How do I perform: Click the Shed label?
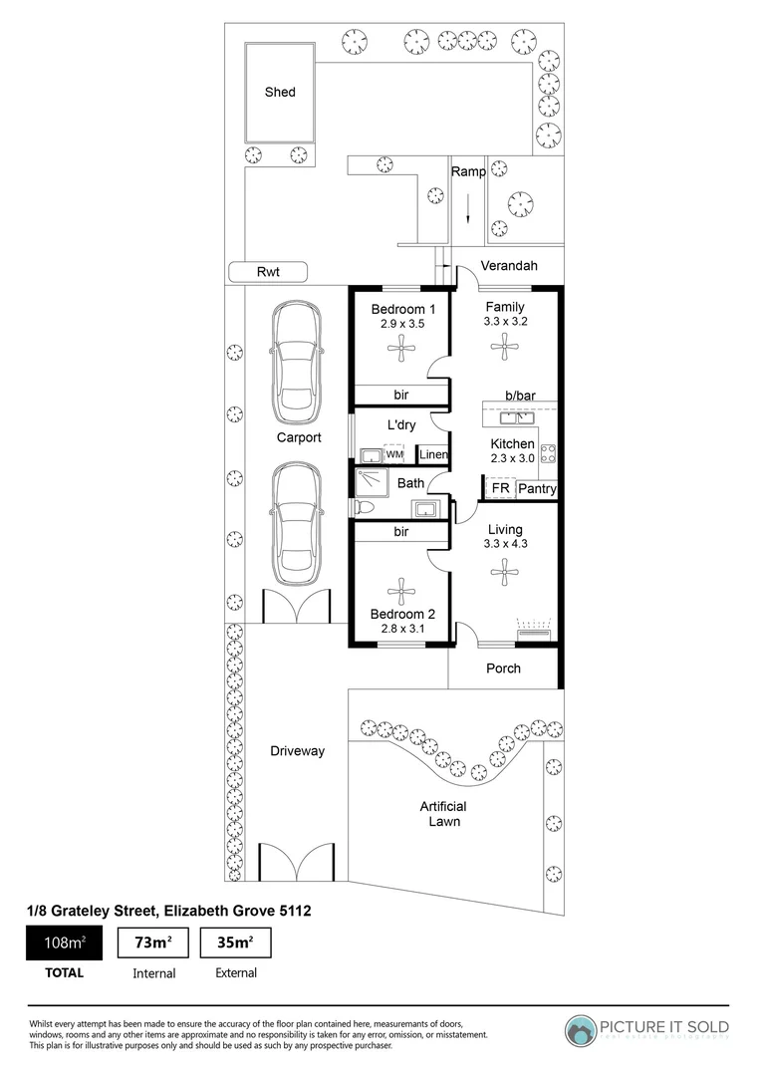280,93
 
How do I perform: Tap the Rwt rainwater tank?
267,271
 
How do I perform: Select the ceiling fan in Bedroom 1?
401,349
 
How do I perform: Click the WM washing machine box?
394,454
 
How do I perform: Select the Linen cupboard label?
432,455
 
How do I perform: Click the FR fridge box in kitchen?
500,489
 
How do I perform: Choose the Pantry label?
537,489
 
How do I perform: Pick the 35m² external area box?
235,941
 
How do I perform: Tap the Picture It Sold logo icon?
582,1029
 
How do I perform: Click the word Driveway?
297,751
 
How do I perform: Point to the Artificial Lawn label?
444,814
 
